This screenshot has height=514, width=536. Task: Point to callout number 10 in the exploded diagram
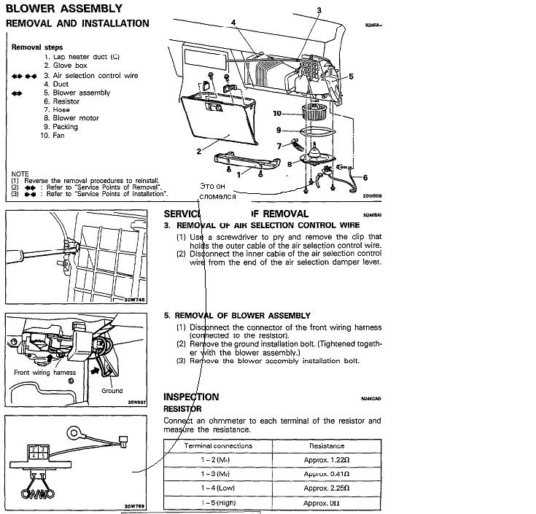pos(277,113)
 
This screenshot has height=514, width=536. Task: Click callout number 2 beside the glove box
pos(198,152)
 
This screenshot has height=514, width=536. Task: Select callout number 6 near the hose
pos(365,177)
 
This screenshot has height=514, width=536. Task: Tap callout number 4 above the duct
pos(233,23)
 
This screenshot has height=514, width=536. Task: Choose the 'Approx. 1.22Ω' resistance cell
pos(327,459)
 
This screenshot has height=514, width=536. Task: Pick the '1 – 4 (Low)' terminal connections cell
pos(218,488)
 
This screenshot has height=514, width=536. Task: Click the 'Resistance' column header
pos(327,445)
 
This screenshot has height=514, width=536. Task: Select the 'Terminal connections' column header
pos(218,445)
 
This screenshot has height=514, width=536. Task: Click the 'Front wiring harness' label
pos(45,373)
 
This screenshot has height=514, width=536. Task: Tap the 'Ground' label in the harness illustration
pos(112,391)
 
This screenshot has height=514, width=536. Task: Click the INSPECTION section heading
pos(191,397)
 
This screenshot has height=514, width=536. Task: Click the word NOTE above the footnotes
pos(20,174)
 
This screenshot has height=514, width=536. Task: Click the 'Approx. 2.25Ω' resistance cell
pos(327,488)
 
